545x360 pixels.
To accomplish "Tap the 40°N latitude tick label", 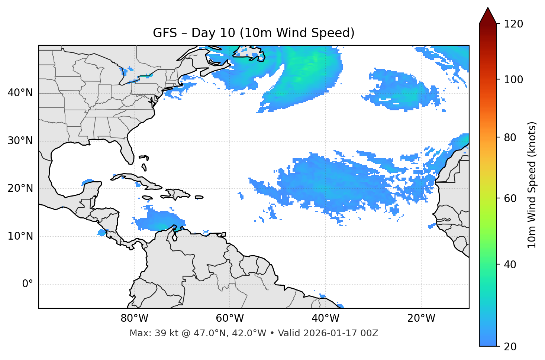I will click(x=20, y=93).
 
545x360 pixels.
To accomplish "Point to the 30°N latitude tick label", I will click(x=20, y=141).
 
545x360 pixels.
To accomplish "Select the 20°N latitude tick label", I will click(x=20, y=188).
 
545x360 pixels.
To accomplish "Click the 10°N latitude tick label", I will click(x=20, y=236).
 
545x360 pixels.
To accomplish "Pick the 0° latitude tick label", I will click(x=28, y=284).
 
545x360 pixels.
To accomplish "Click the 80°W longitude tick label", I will click(x=134, y=318).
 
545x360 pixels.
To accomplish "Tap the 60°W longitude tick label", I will click(x=230, y=318).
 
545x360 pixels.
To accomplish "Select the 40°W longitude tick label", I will click(x=326, y=318).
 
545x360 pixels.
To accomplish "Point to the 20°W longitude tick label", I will click(x=421, y=318).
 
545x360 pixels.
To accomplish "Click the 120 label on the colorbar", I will click(x=513, y=24).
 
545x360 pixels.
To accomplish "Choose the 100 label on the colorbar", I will click(x=513, y=80).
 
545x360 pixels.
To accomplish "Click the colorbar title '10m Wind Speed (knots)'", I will click(x=532, y=185).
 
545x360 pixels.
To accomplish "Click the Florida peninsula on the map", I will click(x=128, y=152).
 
